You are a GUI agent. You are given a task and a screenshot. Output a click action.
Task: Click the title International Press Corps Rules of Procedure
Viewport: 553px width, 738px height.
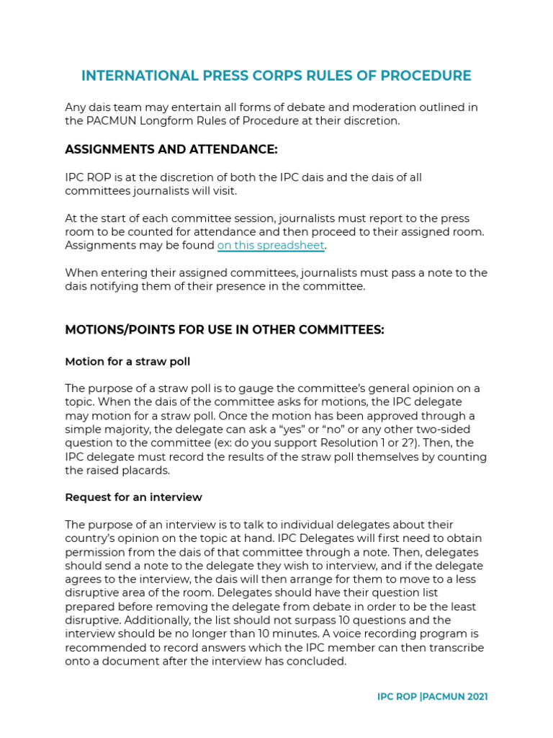pyautogui.click(x=276, y=76)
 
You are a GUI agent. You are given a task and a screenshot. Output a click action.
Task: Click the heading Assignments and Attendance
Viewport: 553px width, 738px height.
pyautogui.click(x=171, y=149)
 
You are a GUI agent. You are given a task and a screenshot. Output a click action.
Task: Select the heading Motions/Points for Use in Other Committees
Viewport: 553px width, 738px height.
pyautogui.click(x=225, y=329)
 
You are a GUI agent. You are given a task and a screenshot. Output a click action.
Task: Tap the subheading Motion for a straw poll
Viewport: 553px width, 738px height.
pyautogui.click(x=127, y=361)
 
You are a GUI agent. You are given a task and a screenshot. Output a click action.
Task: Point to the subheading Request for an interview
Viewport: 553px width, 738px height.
pyautogui.click(x=133, y=497)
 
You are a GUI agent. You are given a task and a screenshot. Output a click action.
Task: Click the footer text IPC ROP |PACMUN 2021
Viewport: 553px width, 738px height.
pyautogui.click(x=432, y=697)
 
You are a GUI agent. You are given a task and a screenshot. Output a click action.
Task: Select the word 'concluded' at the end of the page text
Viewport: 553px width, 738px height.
pyautogui.click(x=318, y=661)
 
